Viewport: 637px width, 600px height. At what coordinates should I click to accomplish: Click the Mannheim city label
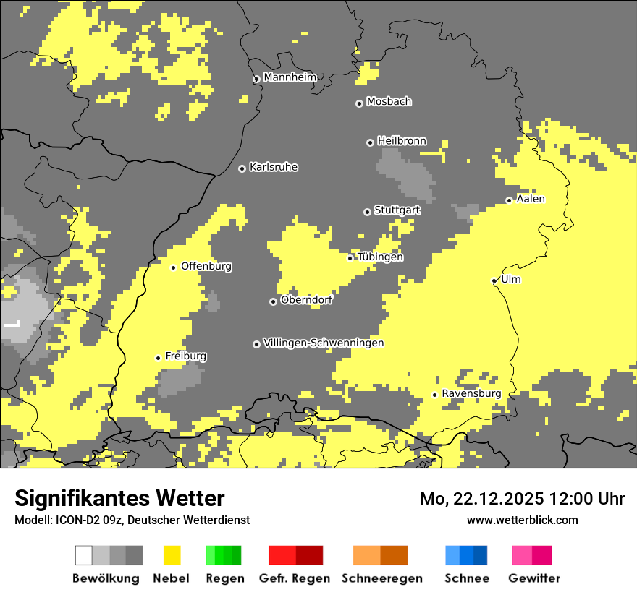290,77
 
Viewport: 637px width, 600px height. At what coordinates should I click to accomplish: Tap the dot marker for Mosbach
359,103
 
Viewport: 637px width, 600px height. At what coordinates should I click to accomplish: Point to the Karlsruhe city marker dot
242,168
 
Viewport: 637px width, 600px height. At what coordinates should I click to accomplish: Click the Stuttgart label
397,210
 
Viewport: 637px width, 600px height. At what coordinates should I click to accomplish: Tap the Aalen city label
531,199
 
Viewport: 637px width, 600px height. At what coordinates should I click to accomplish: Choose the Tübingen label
380,257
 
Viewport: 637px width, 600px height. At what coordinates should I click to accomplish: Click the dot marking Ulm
494,280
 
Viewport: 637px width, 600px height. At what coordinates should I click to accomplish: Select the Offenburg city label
206,266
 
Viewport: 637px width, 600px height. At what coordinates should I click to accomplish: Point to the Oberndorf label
306,300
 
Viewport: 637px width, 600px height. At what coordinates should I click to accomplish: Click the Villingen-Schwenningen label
324,343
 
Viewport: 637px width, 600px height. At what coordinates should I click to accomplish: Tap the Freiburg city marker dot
158,358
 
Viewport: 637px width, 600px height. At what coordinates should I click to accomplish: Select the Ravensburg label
471,393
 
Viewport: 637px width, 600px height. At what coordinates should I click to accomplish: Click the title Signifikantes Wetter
119,498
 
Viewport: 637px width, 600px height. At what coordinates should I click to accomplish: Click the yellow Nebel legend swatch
172,555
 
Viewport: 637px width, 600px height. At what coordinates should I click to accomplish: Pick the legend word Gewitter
533,578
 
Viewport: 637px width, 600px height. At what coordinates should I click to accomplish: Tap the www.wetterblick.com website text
522,520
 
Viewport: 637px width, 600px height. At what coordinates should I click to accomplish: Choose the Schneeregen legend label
382,578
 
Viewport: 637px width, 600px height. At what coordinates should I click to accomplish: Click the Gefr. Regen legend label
295,578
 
